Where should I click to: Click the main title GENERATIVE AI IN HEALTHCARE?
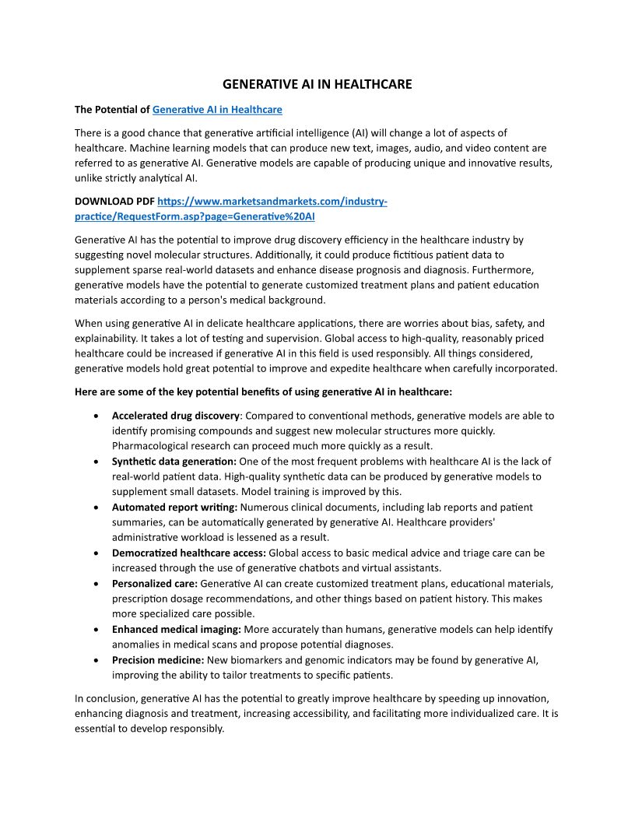tap(317, 84)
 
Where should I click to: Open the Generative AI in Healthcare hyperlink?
tap(217, 110)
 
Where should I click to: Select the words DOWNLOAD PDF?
tap(114, 202)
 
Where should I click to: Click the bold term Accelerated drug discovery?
tap(176, 416)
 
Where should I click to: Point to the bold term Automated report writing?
tap(175, 508)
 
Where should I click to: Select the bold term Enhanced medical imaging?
tap(177, 629)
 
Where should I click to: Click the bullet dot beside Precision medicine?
tap(95, 660)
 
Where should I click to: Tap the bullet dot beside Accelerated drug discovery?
tap(95, 416)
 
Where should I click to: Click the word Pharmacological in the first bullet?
tap(151, 446)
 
